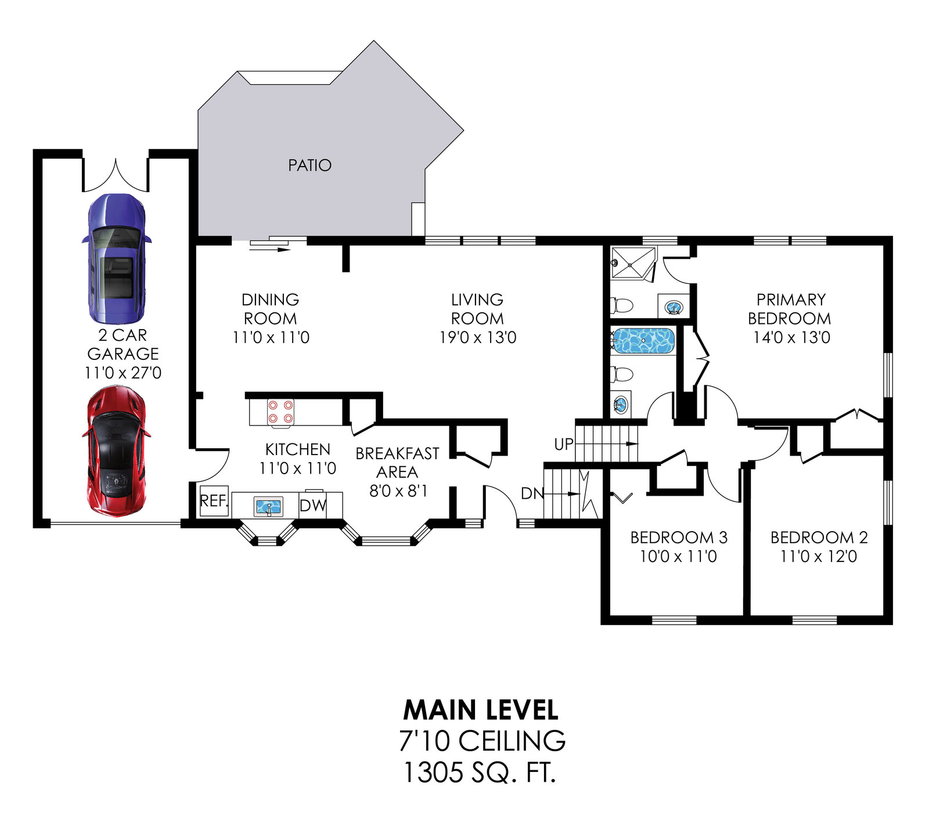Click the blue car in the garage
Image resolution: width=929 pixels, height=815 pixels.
tap(116, 258)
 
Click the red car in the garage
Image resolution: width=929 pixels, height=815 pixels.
tap(116, 450)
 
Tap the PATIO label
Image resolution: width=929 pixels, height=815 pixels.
tap(309, 165)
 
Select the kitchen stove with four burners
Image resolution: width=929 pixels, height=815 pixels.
tap(280, 412)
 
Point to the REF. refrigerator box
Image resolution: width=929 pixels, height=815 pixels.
tap(214, 501)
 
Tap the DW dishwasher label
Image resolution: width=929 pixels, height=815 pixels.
tap(313, 506)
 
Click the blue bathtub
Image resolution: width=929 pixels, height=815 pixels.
tap(643, 341)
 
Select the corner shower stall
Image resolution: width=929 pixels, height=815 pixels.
tap(633, 264)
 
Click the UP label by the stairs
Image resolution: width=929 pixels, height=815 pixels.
tap(564, 444)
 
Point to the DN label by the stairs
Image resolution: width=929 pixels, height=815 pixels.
tap(532, 494)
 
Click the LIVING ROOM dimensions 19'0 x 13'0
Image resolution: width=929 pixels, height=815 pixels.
tap(478, 337)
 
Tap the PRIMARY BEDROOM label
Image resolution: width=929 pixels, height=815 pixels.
tap(790, 309)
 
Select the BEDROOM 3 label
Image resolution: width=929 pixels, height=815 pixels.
tap(679, 538)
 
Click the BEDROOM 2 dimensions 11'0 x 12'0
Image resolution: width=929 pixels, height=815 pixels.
tap(819, 557)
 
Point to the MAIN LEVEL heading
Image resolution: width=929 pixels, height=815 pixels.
tap(481, 709)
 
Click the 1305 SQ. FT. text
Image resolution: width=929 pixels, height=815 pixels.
tap(480, 772)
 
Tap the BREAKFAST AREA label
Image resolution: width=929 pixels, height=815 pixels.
tap(398, 463)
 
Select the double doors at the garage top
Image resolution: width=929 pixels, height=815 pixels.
tap(116, 174)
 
